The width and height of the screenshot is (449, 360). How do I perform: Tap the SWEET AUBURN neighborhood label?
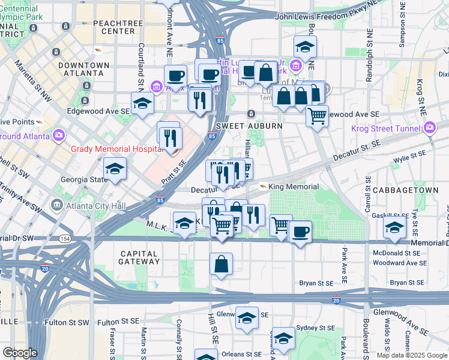[240, 126]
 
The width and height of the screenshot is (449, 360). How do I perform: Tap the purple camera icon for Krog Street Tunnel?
[430, 127]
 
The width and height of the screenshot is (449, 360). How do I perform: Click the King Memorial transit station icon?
[263, 187]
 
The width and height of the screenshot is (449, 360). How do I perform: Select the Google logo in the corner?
[20, 353]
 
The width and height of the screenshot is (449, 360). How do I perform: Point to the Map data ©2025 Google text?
[411, 355]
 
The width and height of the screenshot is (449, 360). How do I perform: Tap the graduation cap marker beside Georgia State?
[115, 169]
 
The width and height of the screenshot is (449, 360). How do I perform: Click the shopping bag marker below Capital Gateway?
[221, 263]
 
